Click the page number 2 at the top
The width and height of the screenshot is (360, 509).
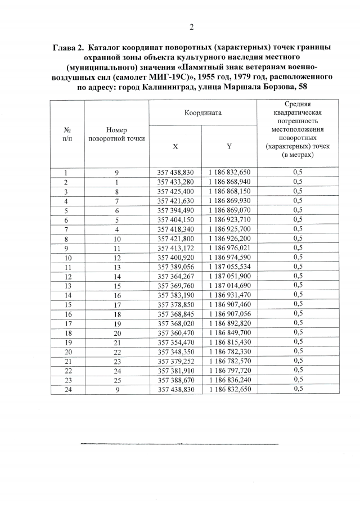tap(191, 26)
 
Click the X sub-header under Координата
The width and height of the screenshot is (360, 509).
tap(175, 146)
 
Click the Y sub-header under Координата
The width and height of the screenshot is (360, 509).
tap(229, 146)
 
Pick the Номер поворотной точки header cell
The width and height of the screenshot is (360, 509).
tap(116, 134)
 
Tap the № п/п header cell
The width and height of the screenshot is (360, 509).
tap(67, 134)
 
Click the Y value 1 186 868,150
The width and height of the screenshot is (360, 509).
tap(229, 191)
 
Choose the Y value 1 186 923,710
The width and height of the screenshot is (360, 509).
tap(229, 219)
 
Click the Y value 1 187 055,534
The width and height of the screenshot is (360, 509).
tap(229, 267)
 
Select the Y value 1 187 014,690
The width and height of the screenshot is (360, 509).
tap(229, 285)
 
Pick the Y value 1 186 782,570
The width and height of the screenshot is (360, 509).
tap(229, 361)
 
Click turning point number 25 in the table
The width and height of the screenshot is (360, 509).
tap(116, 380)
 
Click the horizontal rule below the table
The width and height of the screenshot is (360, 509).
tap(179, 444)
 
